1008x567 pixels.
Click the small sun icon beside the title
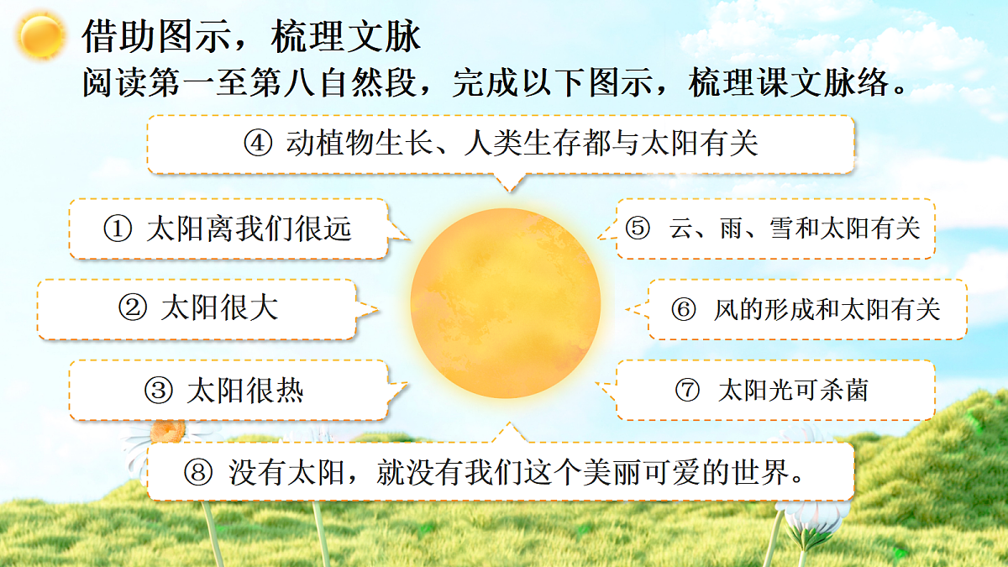pos(42,35)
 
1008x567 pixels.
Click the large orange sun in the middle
pos(506,302)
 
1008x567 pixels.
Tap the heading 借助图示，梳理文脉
pos(251,37)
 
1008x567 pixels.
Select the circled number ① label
pos(118,228)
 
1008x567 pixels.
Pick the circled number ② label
pos(134,308)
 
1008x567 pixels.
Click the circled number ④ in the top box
pos(259,144)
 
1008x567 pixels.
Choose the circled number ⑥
pos(684,309)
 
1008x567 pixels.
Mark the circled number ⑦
pos(687,391)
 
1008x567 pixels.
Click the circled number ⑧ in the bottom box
pos(198,472)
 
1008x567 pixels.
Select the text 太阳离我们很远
pos(249,228)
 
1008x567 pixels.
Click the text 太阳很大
pos(219,308)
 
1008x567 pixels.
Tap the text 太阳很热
pos(244,391)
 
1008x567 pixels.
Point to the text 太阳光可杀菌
pos(793,391)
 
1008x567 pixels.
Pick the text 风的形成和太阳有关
pos(827,309)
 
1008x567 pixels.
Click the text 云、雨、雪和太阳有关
pos(795,228)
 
